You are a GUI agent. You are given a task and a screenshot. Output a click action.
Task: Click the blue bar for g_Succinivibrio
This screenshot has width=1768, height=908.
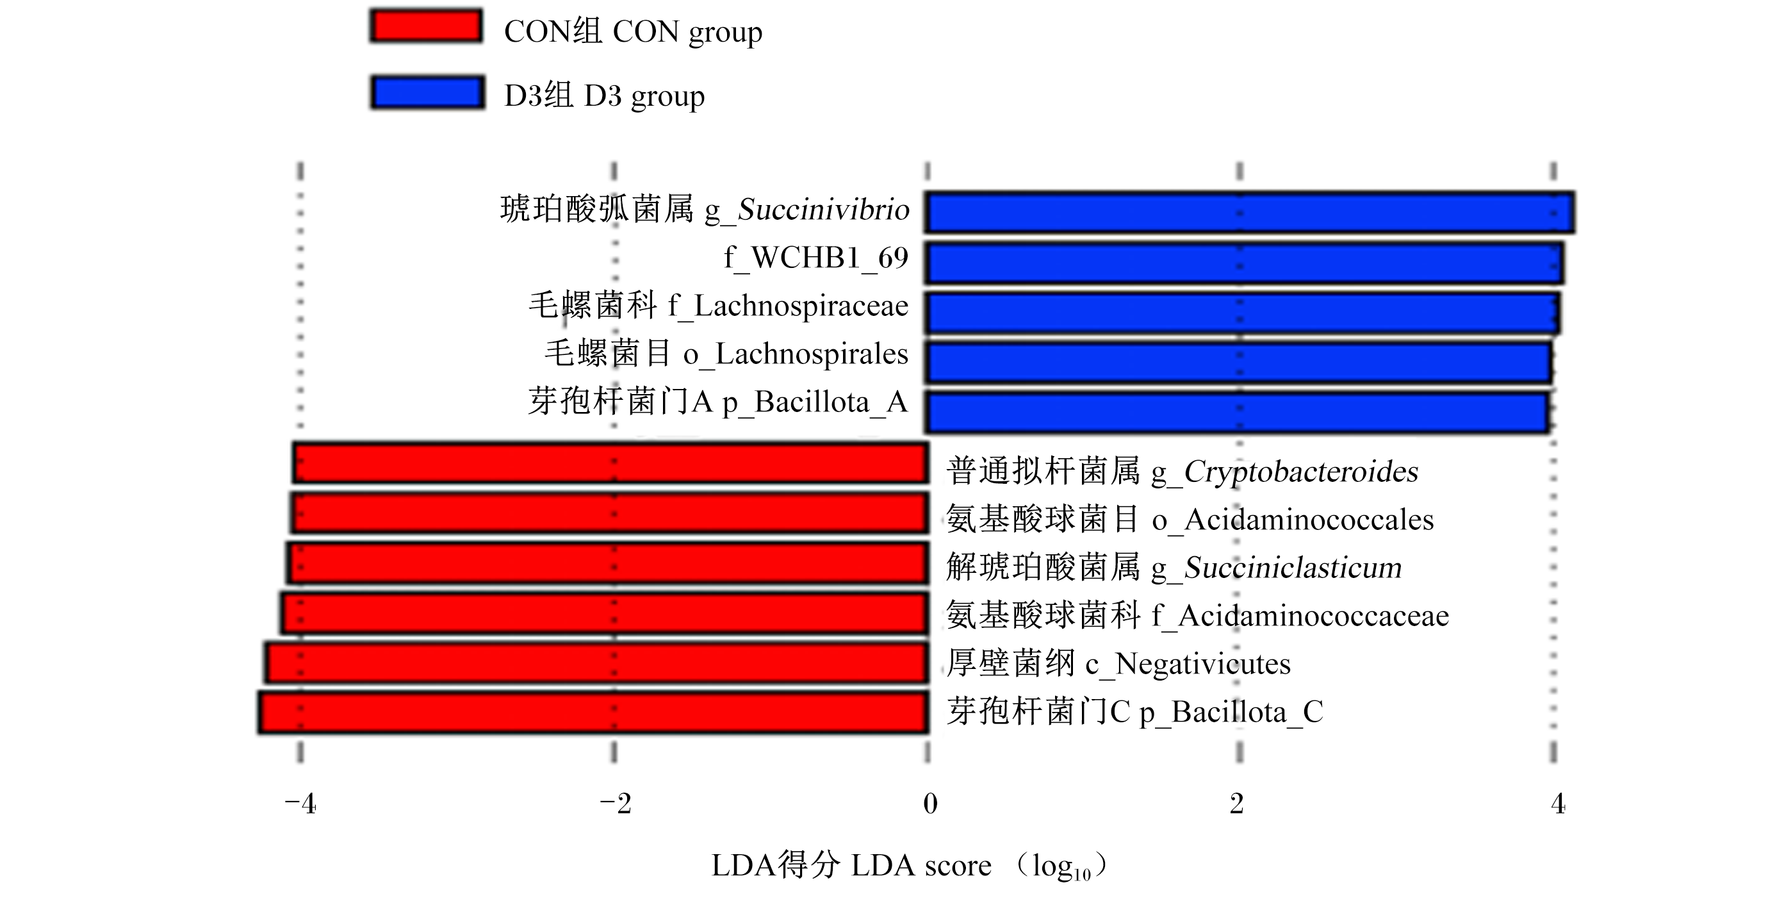tap(1249, 212)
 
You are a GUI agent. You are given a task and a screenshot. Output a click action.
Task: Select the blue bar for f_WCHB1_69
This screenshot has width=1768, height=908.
tap(1243, 262)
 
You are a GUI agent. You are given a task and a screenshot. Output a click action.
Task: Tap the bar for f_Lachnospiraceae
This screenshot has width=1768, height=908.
tap(1242, 313)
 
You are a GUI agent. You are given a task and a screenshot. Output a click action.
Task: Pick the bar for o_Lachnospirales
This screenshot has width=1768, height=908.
tap(1238, 363)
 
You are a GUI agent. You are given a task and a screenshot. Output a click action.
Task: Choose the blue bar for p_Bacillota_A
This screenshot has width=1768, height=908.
tap(1237, 412)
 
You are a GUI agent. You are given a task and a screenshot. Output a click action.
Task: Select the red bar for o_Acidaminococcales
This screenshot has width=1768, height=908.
tap(609, 513)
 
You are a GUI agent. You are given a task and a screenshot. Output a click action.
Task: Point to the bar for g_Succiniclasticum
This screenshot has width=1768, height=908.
tap(608, 563)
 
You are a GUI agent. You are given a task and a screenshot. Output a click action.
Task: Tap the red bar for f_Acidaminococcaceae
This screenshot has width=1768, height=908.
tap(605, 613)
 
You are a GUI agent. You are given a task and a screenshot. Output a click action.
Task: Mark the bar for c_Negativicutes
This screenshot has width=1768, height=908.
tap(597, 663)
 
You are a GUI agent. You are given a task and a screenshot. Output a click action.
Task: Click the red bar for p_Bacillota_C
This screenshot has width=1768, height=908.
tap(594, 713)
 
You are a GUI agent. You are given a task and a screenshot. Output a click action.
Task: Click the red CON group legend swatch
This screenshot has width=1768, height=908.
tap(426, 26)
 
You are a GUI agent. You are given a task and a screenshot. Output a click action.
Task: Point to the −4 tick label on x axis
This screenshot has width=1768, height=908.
tap(300, 804)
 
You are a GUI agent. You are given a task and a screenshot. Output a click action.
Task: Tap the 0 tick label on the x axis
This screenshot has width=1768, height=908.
tap(930, 804)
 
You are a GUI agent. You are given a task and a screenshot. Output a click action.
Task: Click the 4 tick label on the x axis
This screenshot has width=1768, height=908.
tap(1558, 804)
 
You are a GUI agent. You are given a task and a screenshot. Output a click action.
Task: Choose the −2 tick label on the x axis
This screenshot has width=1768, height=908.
tap(616, 804)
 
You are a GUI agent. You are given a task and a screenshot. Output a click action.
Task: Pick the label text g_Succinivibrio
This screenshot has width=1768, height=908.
tap(807, 210)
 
